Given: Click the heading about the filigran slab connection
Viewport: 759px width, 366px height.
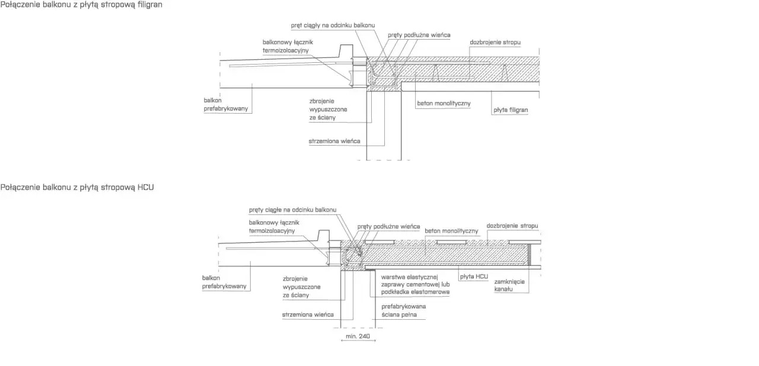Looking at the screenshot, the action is tap(81, 5).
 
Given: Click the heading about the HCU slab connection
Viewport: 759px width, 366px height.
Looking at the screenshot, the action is tap(77, 187).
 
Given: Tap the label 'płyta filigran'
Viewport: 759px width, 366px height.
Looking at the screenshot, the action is tap(511, 110).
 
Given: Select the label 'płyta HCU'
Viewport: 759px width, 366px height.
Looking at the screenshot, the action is tap(474, 277).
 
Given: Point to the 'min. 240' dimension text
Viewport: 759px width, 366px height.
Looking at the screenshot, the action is tap(358, 336).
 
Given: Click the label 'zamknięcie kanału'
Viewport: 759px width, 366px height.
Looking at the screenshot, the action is tap(509, 285).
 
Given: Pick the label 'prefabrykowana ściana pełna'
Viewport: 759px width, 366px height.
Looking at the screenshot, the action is tap(404, 310).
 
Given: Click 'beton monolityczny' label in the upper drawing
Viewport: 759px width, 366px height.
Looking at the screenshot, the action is tap(444, 104).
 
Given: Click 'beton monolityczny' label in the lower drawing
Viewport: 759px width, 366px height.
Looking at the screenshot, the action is tap(451, 231).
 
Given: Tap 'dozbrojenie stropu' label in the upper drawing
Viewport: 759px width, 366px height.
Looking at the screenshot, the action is tap(495, 42).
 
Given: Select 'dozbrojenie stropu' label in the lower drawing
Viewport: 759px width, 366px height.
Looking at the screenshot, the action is tap(512, 226).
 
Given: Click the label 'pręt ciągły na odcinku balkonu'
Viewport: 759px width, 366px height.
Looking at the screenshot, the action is tap(333, 25).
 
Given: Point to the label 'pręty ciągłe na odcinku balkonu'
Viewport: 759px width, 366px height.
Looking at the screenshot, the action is tap(293, 210).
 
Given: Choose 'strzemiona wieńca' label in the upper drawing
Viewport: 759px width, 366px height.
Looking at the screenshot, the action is tap(334, 141).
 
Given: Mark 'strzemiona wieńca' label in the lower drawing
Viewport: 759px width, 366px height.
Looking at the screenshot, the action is tap(308, 314).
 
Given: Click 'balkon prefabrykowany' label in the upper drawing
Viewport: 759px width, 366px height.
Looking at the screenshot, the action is tap(226, 104).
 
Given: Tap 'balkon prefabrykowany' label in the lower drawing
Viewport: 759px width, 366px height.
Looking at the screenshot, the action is tap(224, 282).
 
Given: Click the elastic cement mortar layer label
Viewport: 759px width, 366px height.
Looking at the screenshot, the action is tap(416, 284).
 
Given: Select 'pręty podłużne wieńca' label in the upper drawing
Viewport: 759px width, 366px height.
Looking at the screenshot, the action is tap(419, 35).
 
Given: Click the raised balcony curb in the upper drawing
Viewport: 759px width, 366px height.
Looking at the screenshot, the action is tap(346, 51).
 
